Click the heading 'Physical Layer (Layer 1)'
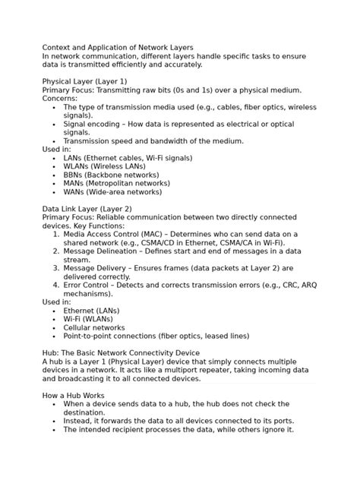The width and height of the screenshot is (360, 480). [84, 81]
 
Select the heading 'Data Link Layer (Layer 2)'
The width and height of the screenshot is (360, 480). [87, 209]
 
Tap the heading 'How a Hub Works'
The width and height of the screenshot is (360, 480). [74, 396]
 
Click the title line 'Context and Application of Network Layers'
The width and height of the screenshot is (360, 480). [118, 47]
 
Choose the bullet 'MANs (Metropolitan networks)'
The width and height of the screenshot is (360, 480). [116, 183]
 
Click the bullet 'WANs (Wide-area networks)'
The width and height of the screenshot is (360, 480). [112, 192]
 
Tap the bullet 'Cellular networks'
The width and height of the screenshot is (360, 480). [95, 327]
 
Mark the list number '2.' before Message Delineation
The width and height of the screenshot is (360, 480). [56, 251]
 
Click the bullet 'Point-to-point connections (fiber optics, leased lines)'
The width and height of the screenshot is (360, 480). [156, 336]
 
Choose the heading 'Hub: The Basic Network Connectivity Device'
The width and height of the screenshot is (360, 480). [121, 353]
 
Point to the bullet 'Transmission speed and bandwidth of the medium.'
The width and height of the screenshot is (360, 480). [153, 141]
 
